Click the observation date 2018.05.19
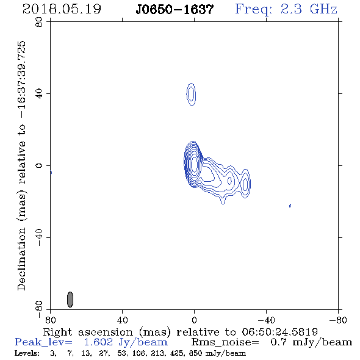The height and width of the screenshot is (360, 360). (x=62, y=9)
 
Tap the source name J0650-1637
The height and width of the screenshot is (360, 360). (x=175, y=10)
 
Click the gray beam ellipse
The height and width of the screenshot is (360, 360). (x=70, y=300)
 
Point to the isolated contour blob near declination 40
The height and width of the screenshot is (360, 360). (x=191, y=94)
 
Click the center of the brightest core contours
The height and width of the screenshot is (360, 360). (x=194, y=164)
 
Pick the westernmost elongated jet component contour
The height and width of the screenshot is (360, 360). (x=245, y=184)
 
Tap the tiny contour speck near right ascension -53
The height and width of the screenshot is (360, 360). (x=290, y=206)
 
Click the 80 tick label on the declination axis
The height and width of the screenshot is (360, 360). (x=39, y=22)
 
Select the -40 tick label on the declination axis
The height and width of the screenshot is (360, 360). (x=39, y=237)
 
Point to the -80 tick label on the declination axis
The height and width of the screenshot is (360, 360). (x=39, y=309)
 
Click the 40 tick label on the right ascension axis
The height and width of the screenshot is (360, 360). (x=122, y=320)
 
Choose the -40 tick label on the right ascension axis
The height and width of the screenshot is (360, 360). (x=266, y=320)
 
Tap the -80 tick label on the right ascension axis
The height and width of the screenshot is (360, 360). (x=338, y=320)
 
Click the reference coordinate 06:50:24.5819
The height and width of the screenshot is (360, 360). (x=279, y=332)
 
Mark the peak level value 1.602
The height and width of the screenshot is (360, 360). (x=98, y=342)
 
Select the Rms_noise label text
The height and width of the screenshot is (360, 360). (x=225, y=342)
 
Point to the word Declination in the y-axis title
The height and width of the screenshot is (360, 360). (x=21, y=259)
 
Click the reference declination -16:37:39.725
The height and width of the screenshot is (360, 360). (x=21, y=80)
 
